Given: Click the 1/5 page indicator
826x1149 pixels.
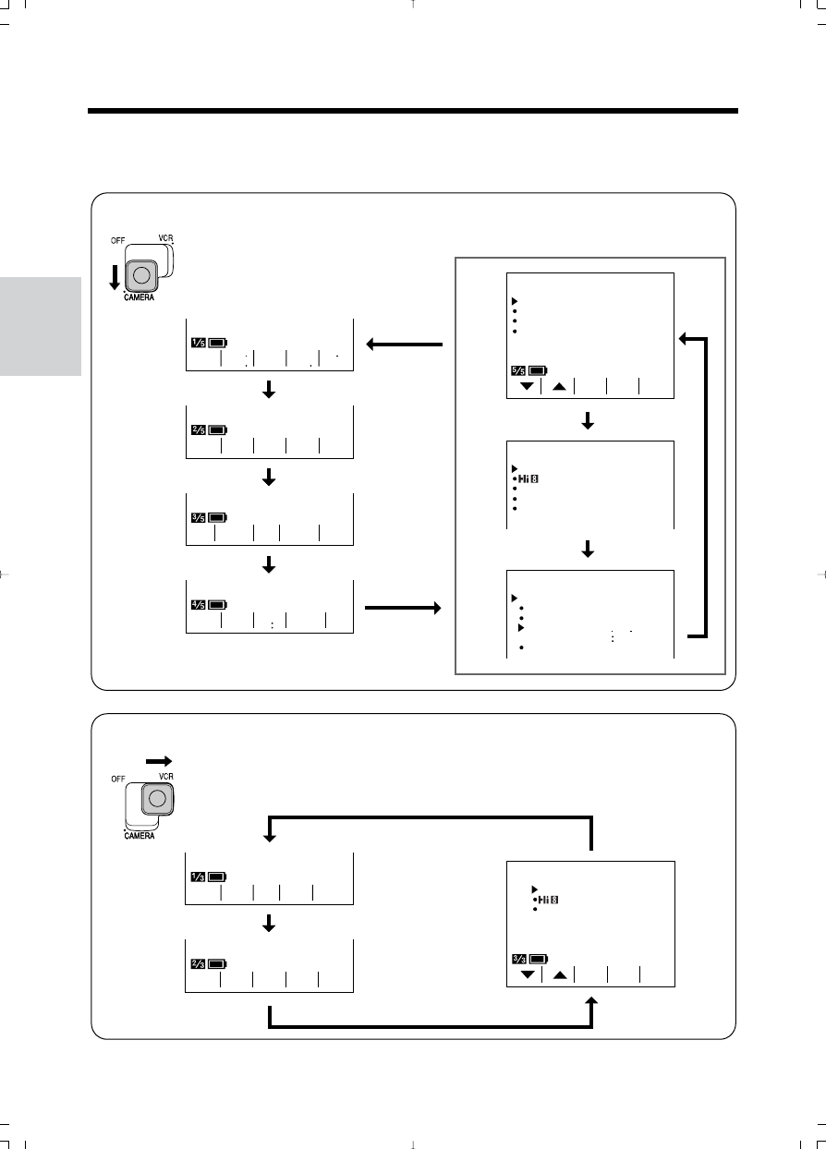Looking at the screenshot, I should coord(198,343).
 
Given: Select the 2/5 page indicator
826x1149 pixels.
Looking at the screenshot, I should coord(198,429).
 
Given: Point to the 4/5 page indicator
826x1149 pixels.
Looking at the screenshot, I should coord(198,605).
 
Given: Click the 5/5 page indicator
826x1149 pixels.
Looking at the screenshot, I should coord(518,371).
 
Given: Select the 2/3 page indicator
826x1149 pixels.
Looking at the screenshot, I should coord(198,963).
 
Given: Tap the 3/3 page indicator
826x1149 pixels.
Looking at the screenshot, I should coord(518,959).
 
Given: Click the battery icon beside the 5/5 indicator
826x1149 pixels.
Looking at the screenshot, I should coord(539,371).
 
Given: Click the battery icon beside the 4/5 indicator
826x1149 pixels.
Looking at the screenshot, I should coord(217,605).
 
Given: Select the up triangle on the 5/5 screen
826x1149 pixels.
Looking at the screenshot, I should coord(558,386).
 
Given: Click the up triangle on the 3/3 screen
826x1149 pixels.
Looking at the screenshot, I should coord(558,974).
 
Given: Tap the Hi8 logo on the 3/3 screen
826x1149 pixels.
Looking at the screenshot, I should coord(550,899).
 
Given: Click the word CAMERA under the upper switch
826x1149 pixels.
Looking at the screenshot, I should coord(141,298).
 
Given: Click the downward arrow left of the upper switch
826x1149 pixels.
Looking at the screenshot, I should coord(114,274).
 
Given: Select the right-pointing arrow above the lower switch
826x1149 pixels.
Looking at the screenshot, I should coord(158,760).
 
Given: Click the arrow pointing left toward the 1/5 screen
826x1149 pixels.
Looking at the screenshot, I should coord(405,345).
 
